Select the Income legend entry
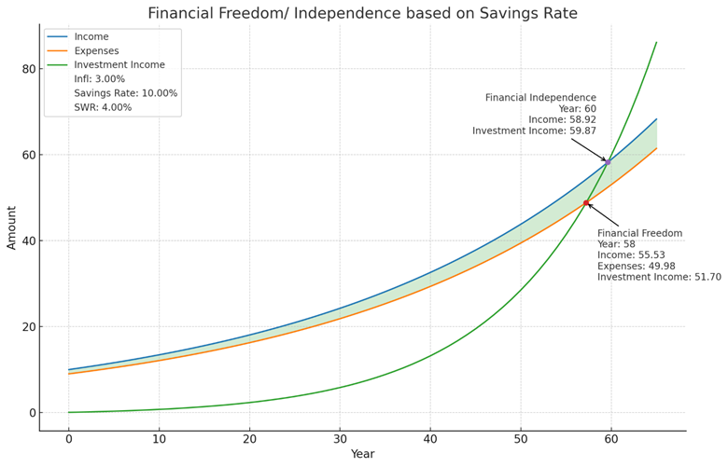pos(91,37)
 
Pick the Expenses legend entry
pos(96,51)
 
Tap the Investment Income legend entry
pos(119,65)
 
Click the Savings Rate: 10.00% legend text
pos(126,93)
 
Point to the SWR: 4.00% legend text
pos(104,107)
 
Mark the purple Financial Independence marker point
pos(608,162)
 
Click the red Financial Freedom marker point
pos(586,203)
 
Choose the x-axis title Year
pos(362,454)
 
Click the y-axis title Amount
pos(12,227)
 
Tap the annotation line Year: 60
pos(577,109)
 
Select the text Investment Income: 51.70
pos(659,277)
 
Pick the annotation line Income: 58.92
pos(562,120)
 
